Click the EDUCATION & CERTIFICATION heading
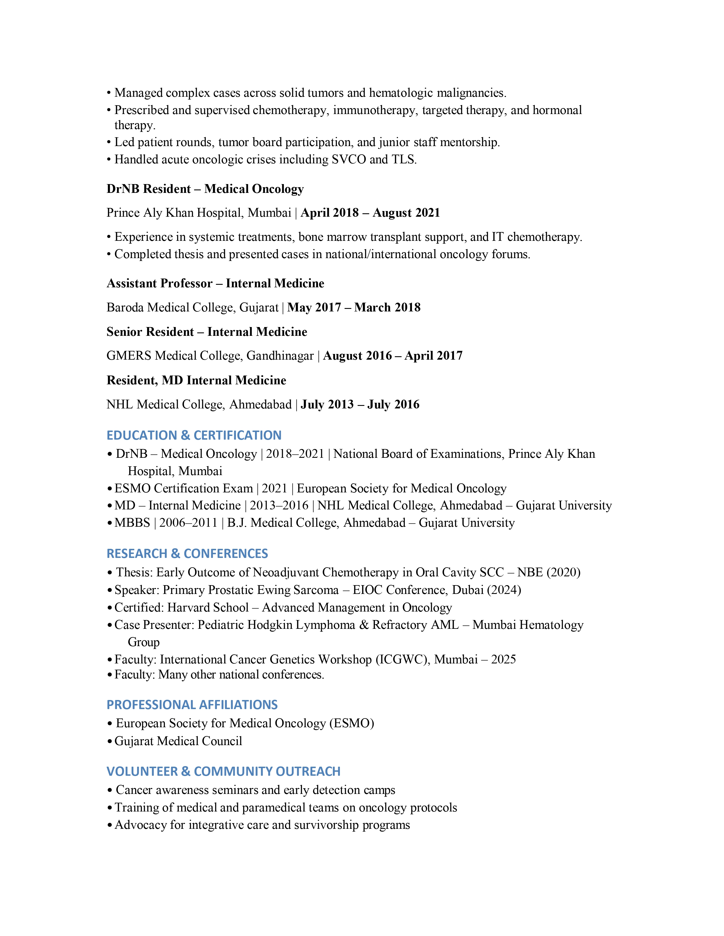coord(194,435)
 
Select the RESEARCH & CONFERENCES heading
coord(187,554)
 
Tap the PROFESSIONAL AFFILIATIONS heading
coord(192,705)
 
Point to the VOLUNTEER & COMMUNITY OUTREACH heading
coord(223,771)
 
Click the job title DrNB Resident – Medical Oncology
coord(205,189)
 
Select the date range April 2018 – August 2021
coord(370,213)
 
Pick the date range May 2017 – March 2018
coord(354,308)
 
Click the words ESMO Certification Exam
coord(184,489)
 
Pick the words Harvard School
coord(208,608)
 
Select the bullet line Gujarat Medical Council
coord(178,741)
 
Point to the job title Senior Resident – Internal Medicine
coord(207,332)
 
